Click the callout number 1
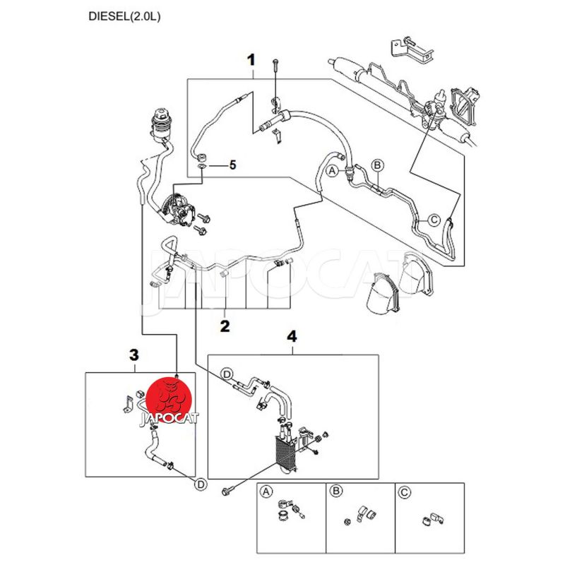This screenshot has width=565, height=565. (251, 59)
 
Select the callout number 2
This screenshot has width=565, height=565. (225, 326)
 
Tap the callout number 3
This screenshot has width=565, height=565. (135, 357)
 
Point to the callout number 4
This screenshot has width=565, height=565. (290, 338)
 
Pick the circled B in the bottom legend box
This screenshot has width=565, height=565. (336, 492)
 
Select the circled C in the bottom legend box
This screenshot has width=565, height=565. (405, 492)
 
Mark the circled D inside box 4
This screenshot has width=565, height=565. (227, 373)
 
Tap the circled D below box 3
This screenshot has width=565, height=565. (201, 484)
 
